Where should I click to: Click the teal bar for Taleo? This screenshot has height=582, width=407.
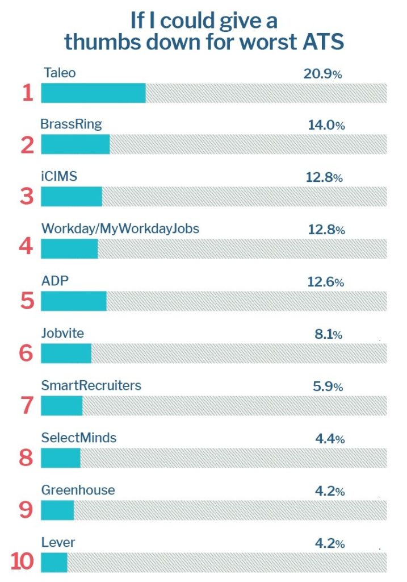93,93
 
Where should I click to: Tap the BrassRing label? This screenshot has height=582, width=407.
71,124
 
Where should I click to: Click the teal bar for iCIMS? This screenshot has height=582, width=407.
72,197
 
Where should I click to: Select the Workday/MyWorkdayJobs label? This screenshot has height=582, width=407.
120,228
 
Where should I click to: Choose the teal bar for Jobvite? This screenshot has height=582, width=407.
66,354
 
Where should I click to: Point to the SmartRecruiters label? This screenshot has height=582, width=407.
91,386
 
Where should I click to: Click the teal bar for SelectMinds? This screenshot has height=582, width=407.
61,458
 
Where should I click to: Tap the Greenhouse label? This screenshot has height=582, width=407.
78,490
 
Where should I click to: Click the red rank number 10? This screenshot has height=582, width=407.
22,562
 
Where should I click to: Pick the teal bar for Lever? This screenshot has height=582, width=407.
54,562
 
